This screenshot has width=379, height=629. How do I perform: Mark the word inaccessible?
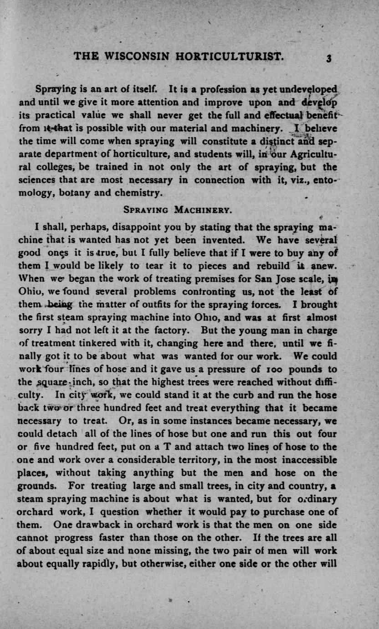(x=300, y=459)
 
